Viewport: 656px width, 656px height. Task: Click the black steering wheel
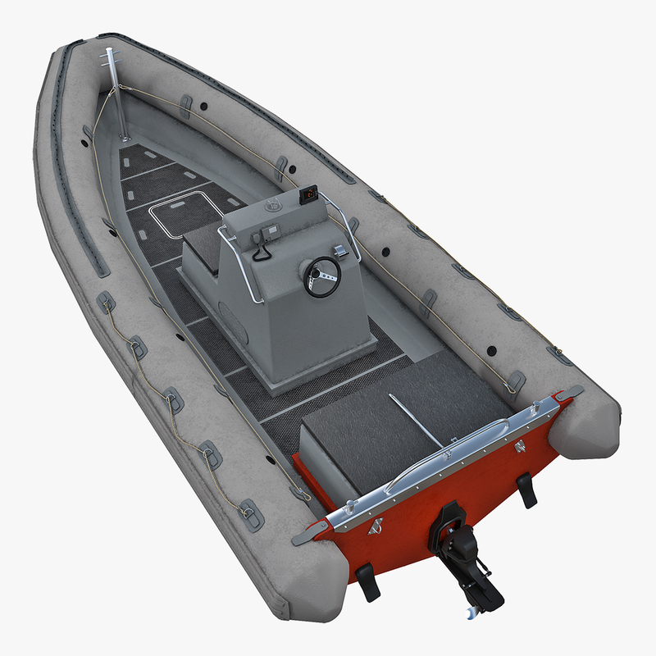pyautogui.click(x=322, y=276)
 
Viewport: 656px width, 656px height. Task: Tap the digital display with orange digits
pyautogui.click(x=309, y=194)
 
